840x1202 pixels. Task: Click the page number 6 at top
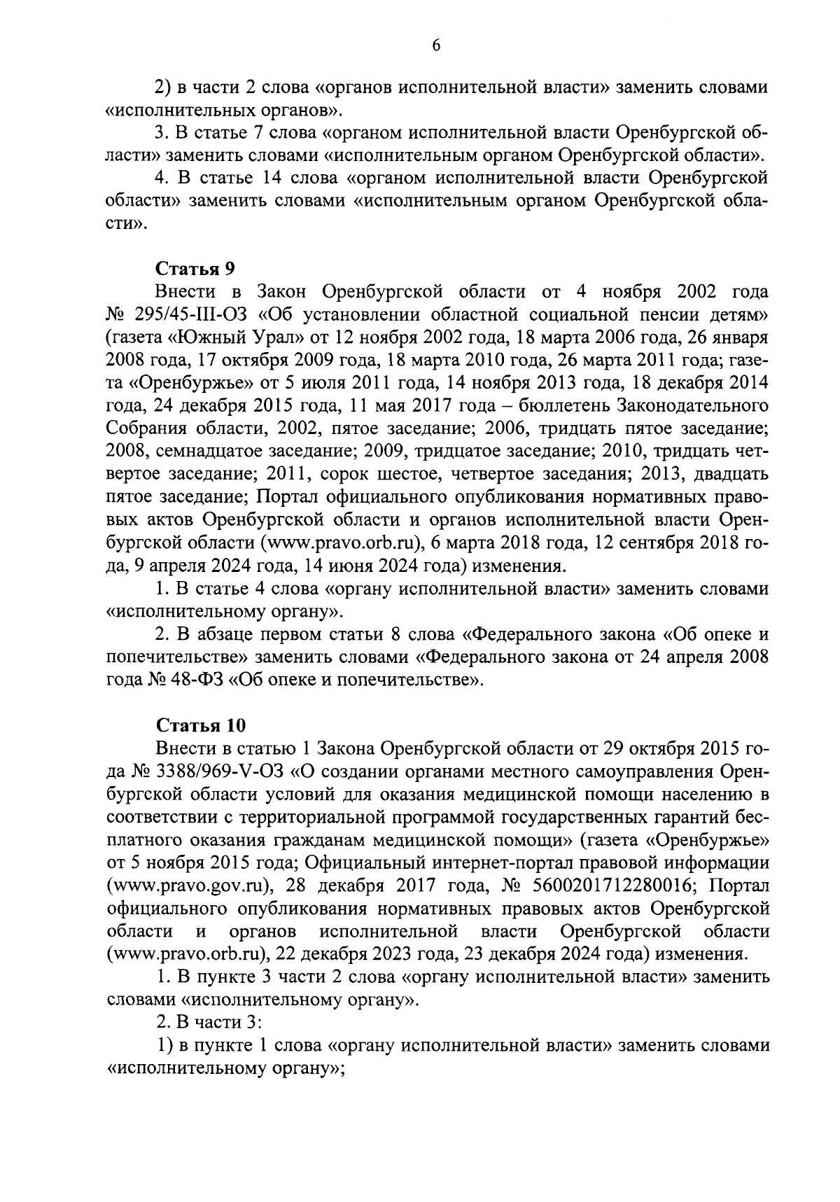click(436, 46)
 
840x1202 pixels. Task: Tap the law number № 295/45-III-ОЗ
click(178, 314)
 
